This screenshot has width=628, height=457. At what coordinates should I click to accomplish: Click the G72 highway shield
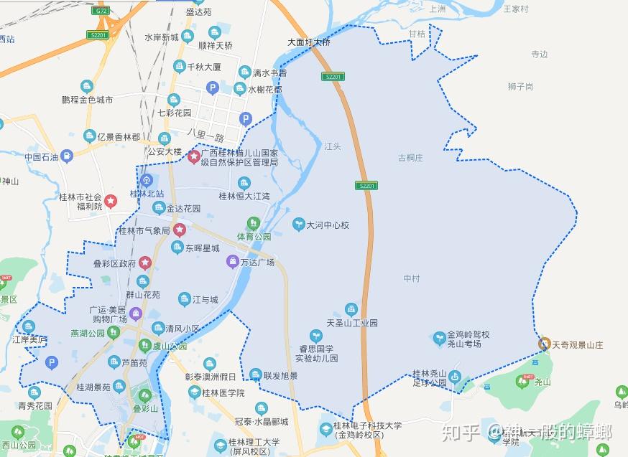101,11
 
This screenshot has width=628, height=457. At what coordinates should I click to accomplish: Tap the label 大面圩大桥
309,42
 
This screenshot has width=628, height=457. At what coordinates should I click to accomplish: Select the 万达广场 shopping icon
233,262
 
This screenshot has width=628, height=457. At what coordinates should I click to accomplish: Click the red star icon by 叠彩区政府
145,263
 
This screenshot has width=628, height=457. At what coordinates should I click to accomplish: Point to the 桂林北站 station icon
147,180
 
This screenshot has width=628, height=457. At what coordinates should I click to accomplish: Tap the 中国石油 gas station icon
67,156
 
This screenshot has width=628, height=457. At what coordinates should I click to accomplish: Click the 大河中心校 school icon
298,225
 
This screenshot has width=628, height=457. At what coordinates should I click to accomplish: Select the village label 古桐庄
411,158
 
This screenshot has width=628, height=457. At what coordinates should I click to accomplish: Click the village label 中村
411,278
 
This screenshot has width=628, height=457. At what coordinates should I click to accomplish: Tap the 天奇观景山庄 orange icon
545,344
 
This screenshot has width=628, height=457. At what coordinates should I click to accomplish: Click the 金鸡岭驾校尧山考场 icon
439,338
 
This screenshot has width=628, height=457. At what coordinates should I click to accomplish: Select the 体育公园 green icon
252,223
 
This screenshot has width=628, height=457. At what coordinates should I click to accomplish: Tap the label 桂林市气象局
144,231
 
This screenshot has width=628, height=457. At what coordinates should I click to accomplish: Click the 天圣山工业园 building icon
351,308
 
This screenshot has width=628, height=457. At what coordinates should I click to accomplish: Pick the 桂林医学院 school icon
195,392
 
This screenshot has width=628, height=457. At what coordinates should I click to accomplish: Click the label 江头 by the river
332,146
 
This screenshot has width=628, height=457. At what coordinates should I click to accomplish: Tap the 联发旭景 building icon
255,375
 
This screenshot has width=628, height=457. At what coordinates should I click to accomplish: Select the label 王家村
515,9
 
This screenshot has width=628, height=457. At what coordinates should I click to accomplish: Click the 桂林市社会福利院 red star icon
111,202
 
